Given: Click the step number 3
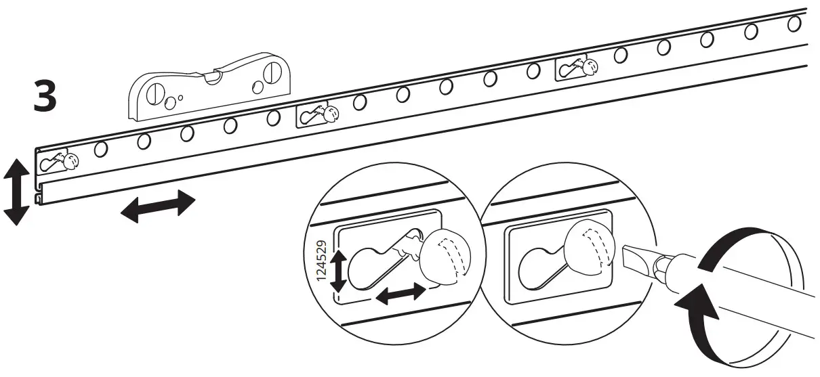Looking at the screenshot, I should tap(45, 98).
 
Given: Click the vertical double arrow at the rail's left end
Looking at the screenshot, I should tap(16, 192).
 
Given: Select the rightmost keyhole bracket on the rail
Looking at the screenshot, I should tap(576, 66).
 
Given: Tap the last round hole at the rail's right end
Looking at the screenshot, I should tap(794, 24).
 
